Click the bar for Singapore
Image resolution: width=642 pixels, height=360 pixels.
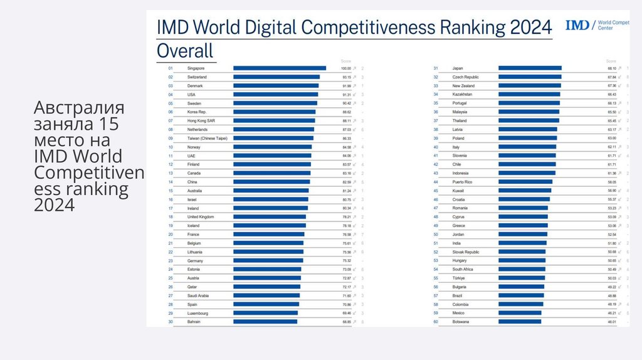279,68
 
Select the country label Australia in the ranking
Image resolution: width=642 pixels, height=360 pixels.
194,191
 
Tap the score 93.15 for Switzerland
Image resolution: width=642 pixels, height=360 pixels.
345,77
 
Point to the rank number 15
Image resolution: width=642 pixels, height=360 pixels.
170,191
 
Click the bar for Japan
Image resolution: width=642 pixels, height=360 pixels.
530,68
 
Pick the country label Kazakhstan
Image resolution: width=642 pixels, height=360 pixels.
462,94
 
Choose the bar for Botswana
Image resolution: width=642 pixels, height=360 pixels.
519,322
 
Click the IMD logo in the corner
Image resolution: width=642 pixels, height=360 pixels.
577,25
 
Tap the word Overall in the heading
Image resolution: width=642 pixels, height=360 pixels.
185,50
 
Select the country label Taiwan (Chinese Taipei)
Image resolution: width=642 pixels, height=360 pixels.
208,138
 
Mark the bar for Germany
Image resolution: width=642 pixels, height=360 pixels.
268,260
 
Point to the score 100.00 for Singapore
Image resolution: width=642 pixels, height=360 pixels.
345,68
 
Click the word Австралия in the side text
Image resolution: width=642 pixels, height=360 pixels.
79,107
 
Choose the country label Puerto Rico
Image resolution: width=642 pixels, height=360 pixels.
462,182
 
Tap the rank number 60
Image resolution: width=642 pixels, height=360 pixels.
435,322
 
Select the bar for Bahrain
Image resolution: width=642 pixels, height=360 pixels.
265,322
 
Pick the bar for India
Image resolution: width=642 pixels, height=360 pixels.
522,243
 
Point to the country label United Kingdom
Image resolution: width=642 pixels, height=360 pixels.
201,217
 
